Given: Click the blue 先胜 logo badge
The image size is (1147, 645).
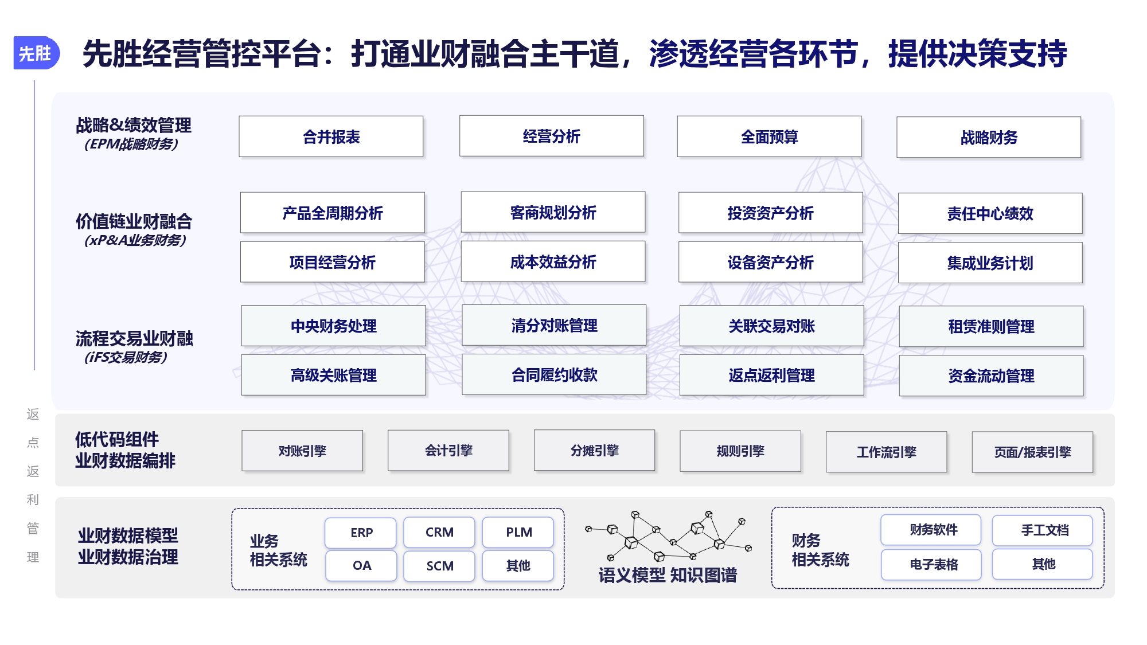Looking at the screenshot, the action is [x=36, y=53].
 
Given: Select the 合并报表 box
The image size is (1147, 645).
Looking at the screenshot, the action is [x=331, y=136].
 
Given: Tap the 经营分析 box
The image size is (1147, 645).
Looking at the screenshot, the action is [x=551, y=136].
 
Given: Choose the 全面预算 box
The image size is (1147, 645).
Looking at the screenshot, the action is [x=769, y=136].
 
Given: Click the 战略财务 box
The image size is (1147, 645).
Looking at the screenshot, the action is [x=989, y=137].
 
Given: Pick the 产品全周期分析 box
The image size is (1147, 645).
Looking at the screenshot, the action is [x=333, y=213].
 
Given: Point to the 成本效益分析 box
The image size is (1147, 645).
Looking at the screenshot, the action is [x=553, y=261].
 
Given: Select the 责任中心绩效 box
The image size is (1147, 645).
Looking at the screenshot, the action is [x=990, y=213].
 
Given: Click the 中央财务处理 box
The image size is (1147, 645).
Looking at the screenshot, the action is [x=333, y=326].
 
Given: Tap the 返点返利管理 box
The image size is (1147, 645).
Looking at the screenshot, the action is [x=771, y=375].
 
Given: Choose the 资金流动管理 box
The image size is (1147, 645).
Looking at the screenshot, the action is [x=991, y=376].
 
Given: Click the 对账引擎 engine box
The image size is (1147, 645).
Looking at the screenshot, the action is [x=302, y=451].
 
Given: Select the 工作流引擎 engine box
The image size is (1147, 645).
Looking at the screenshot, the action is [x=886, y=452].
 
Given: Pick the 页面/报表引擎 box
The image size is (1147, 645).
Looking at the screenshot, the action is [x=1032, y=452].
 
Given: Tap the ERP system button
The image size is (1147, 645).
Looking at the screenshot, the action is [x=361, y=533].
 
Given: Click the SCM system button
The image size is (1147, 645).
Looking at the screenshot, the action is [x=440, y=566].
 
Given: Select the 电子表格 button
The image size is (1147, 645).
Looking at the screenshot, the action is [x=933, y=564].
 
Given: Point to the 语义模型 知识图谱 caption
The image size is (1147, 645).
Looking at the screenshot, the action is [x=668, y=575].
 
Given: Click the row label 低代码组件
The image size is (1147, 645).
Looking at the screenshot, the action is [x=117, y=439].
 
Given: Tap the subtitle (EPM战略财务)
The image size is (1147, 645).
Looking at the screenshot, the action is [x=131, y=144].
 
